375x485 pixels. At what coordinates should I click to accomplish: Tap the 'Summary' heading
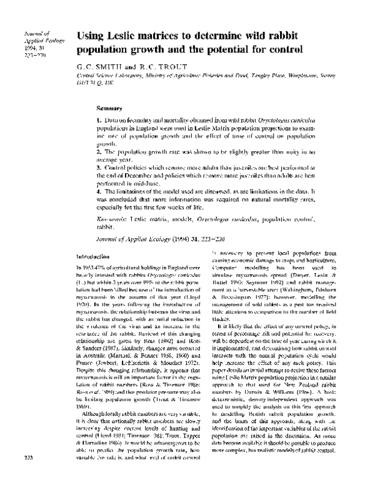(110, 106)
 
